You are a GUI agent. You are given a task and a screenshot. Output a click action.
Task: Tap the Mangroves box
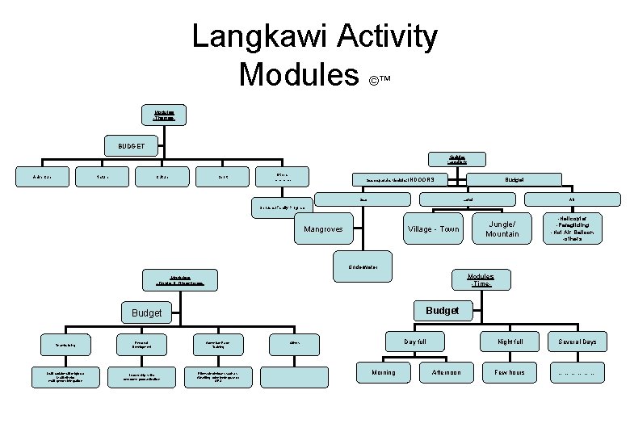pos(322,229)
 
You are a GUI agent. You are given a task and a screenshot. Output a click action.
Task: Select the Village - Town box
pos(433,229)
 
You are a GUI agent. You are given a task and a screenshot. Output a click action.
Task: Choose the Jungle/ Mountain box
pos(502,229)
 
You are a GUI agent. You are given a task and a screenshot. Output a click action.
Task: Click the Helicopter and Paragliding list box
pos(575,229)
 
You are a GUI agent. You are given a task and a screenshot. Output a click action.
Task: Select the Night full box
pos(510,342)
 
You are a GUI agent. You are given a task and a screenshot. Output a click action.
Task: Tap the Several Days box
pos(577,342)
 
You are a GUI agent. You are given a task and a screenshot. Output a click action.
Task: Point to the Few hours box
pos(510,373)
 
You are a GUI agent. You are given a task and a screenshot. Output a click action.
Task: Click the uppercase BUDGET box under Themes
pos(132,146)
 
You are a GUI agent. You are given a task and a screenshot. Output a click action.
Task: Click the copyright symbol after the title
pos(375,82)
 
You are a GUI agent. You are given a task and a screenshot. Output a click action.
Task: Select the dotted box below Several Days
pos(577,373)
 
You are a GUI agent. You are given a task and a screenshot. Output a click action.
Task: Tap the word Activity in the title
pos(384,37)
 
